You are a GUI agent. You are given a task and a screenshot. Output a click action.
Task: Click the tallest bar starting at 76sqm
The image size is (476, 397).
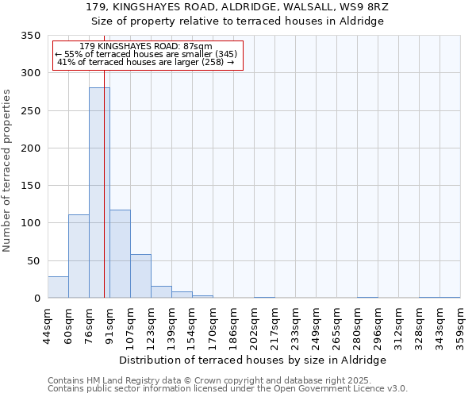(x=98, y=193)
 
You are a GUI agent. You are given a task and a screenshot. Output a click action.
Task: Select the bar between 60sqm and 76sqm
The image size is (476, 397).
(x=79, y=256)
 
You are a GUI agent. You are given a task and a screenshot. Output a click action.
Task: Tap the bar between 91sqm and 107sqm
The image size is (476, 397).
(x=120, y=254)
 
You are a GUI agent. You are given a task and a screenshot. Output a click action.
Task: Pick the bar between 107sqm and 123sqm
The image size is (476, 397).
(x=140, y=276)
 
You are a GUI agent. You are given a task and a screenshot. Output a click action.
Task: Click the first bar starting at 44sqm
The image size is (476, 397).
(x=58, y=287)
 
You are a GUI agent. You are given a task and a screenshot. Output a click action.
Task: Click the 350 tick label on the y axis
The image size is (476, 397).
(x=29, y=36)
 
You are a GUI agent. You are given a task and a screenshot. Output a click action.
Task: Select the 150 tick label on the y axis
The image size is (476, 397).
(x=29, y=186)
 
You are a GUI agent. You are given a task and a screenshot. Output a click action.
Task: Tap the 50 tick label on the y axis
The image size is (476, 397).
(x=33, y=260)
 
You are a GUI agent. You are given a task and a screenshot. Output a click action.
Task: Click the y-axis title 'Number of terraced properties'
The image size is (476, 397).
(x=7, y=171)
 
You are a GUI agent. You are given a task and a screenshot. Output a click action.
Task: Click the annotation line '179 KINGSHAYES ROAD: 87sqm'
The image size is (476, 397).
(x=147, y=47)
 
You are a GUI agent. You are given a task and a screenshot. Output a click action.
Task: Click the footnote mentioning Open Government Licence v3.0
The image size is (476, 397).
(x=228, y=389)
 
